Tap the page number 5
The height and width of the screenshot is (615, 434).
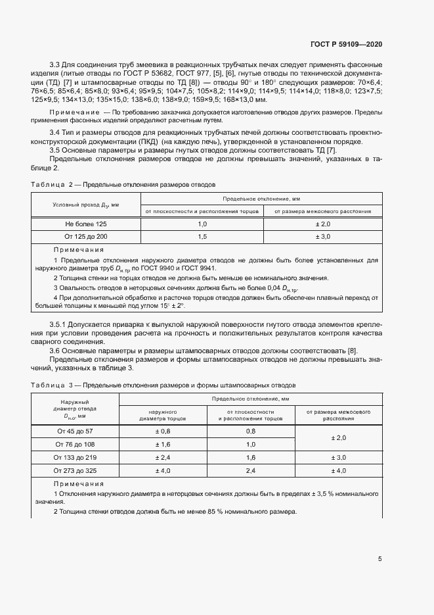(380, 559)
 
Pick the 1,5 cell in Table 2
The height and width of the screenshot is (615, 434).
(202, 236)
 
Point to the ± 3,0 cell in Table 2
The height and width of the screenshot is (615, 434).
(322, 236)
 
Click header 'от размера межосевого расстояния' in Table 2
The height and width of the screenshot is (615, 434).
(322, 211)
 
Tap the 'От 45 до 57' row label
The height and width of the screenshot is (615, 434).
(76, 431)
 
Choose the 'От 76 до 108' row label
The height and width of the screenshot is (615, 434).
(76, 445)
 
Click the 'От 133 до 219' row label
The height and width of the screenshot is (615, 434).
(76, 457)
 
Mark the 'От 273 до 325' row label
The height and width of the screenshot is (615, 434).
(76, 470)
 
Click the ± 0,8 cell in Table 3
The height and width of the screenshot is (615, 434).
(162, 431)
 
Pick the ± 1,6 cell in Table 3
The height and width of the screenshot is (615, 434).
(162, 445)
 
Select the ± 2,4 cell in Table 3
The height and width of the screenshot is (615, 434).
(162, 457)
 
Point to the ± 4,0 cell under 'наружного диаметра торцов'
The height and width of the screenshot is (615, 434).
(162, 470)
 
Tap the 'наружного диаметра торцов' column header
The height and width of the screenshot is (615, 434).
(162, 414)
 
